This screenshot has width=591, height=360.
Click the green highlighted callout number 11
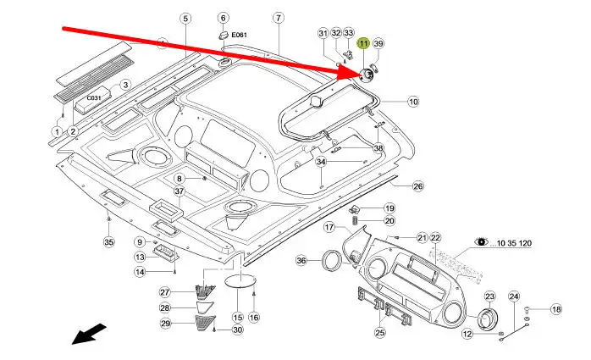[362, 43]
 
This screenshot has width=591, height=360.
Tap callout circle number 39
[378, 43]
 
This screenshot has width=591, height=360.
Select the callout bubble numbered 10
[413, 102]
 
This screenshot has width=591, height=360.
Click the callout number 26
[417, 186]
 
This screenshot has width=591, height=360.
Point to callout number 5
[185, 18]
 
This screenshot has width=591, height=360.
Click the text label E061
[240, 36]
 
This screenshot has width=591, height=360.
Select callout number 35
[108, 243]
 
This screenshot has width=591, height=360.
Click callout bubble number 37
[180, 191]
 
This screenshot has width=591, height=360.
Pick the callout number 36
[301, 261]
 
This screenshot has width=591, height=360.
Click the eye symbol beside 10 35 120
[481, 242]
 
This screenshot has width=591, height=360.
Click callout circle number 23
[489, 296]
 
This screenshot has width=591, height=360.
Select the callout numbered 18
[555, 310]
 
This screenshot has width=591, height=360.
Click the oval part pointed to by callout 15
[238, 280]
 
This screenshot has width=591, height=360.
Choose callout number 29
[166, 323]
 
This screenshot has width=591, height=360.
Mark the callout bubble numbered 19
[389, 208]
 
